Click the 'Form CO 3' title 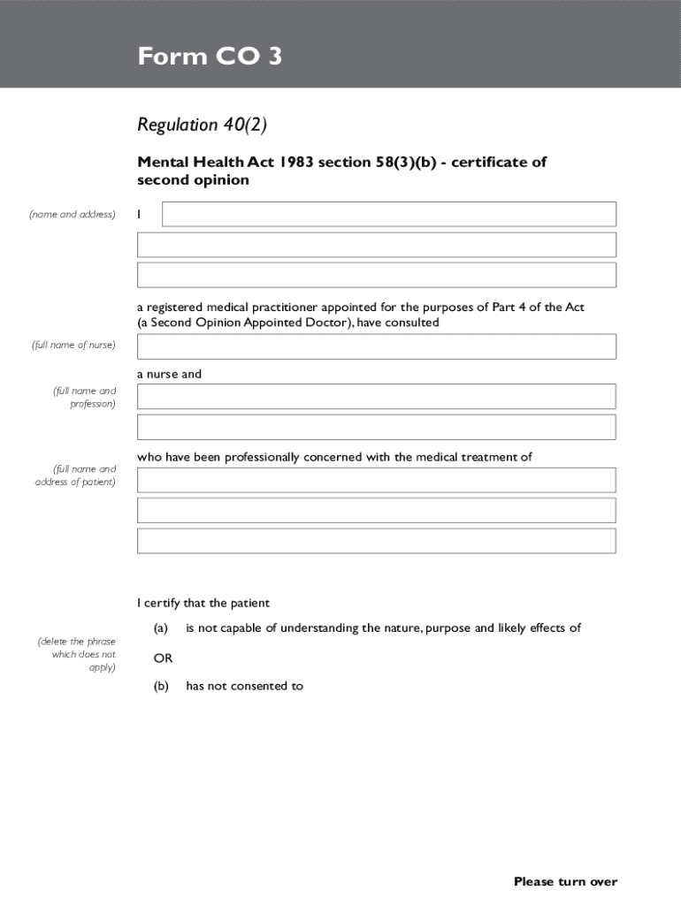pos(210,57)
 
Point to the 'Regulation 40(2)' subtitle pos(202,125)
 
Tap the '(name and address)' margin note pos(72,214)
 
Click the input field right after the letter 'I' pos(389,214)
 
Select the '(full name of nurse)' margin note pos(72,345)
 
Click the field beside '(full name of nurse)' pos(376,346)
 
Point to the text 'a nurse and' pos(169,374)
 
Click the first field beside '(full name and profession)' pos(376,396)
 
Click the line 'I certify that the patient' pos(203,603)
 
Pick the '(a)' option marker pos(160,628)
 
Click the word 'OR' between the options pos(163,658)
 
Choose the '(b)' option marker pos(160,686)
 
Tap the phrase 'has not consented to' pos(244,686)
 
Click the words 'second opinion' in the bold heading pos(193,180)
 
